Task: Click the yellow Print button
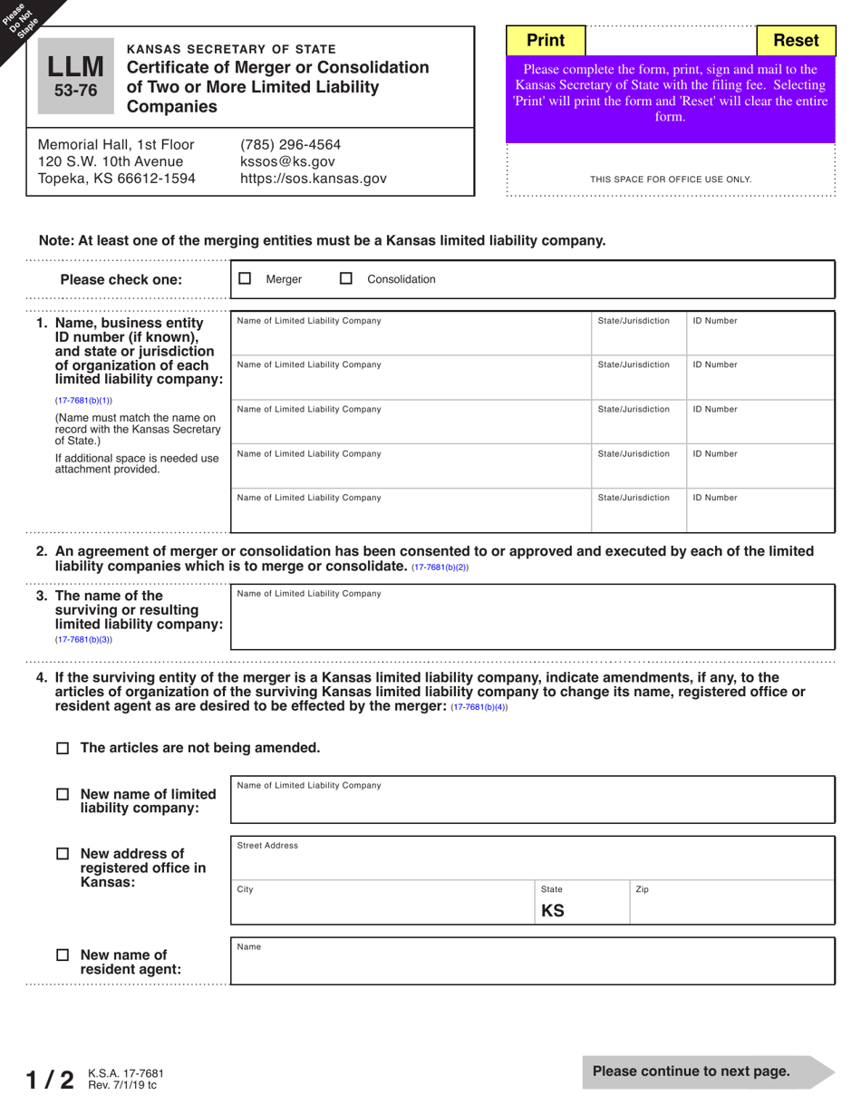coord(546,40)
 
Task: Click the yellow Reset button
coord(796,40)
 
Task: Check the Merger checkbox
coord(245,279)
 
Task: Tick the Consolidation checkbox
coord(346,279)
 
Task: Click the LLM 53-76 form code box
coord(76,76)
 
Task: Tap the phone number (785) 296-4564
coord(290,144)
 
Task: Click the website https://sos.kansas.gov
coord(313,179)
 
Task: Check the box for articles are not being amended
coord(63,749)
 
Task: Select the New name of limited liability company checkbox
coord(63,794)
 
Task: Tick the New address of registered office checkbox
coord(63,854)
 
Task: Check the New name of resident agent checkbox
coord(63,955)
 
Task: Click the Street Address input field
coord(531,862)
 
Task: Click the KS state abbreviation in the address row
coord(553,910)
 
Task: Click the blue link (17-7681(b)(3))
coord(83,639)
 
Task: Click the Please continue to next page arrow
coord(707,1071)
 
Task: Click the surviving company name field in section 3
coord(531,622)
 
